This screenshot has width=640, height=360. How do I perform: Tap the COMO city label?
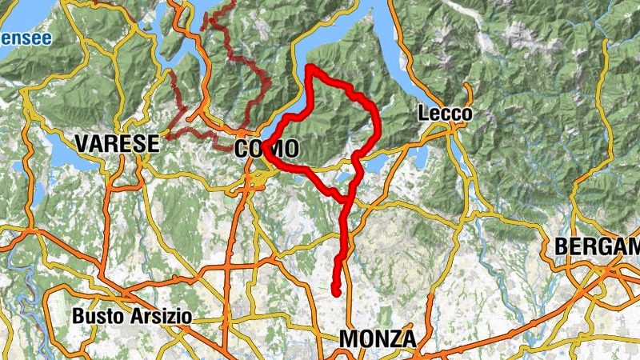(267, 149)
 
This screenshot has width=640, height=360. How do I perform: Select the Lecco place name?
(445, 114)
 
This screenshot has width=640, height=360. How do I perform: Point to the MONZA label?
(378, 339)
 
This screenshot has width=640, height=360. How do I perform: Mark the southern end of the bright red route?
(336, 291)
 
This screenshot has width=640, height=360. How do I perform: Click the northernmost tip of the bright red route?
(310, 67)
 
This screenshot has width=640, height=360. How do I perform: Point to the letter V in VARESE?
(81, 144)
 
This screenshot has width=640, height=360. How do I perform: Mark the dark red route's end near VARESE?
(167, 137)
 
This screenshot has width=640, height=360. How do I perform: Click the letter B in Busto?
(78, 316)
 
